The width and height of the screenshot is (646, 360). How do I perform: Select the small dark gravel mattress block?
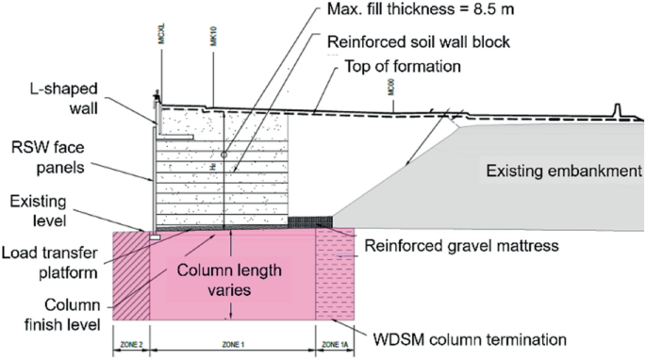click(x=303, y=221)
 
